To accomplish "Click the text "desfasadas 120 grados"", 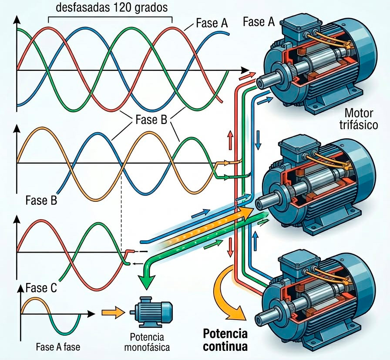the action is [112, 7].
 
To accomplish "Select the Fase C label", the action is [41, 288].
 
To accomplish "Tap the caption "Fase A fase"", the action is [58, 347].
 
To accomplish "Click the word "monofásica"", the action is [147, 347].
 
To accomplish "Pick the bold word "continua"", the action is [225, 347].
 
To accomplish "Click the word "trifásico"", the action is [359, 125].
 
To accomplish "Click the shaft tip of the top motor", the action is [260, 83].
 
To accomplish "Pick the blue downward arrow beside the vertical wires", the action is [259, 140].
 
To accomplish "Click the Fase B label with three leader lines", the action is [151, 120].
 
